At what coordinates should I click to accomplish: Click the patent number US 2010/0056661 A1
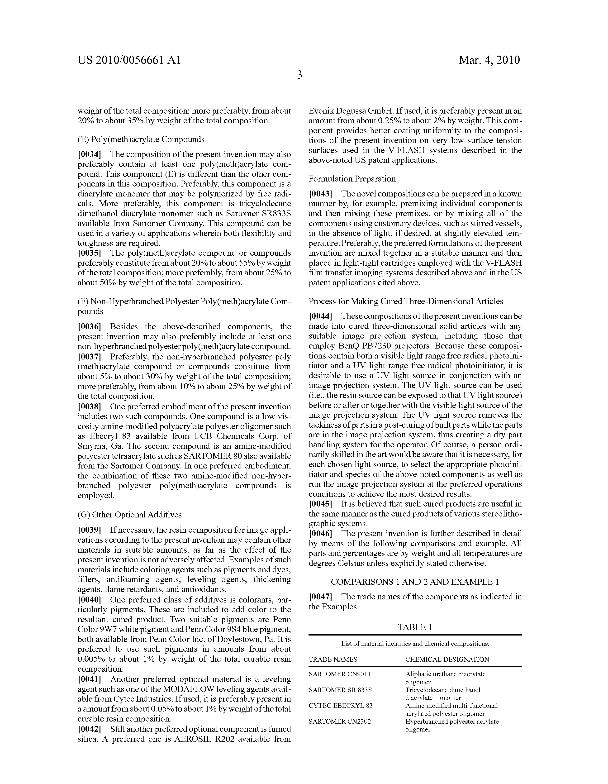click(x=129, y=60)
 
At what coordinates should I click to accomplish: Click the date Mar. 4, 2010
click(x=489, y=60)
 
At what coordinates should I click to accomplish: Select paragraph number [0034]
click(x=89, y=154)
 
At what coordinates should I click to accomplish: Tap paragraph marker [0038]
click(x=89, y=407)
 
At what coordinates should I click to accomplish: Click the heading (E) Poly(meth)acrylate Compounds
click(x=141, y=139)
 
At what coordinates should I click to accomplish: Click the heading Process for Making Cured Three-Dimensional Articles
click(x=406, y=301)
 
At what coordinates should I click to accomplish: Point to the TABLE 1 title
click(x=415, y=627)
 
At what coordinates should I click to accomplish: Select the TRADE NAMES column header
click(x=333, y=660)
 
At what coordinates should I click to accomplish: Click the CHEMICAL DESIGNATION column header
click(x=447, y=660)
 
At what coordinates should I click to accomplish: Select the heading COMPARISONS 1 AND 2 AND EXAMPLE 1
click(x=415, y=582)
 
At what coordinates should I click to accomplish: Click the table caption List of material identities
click(x=415, y=644)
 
